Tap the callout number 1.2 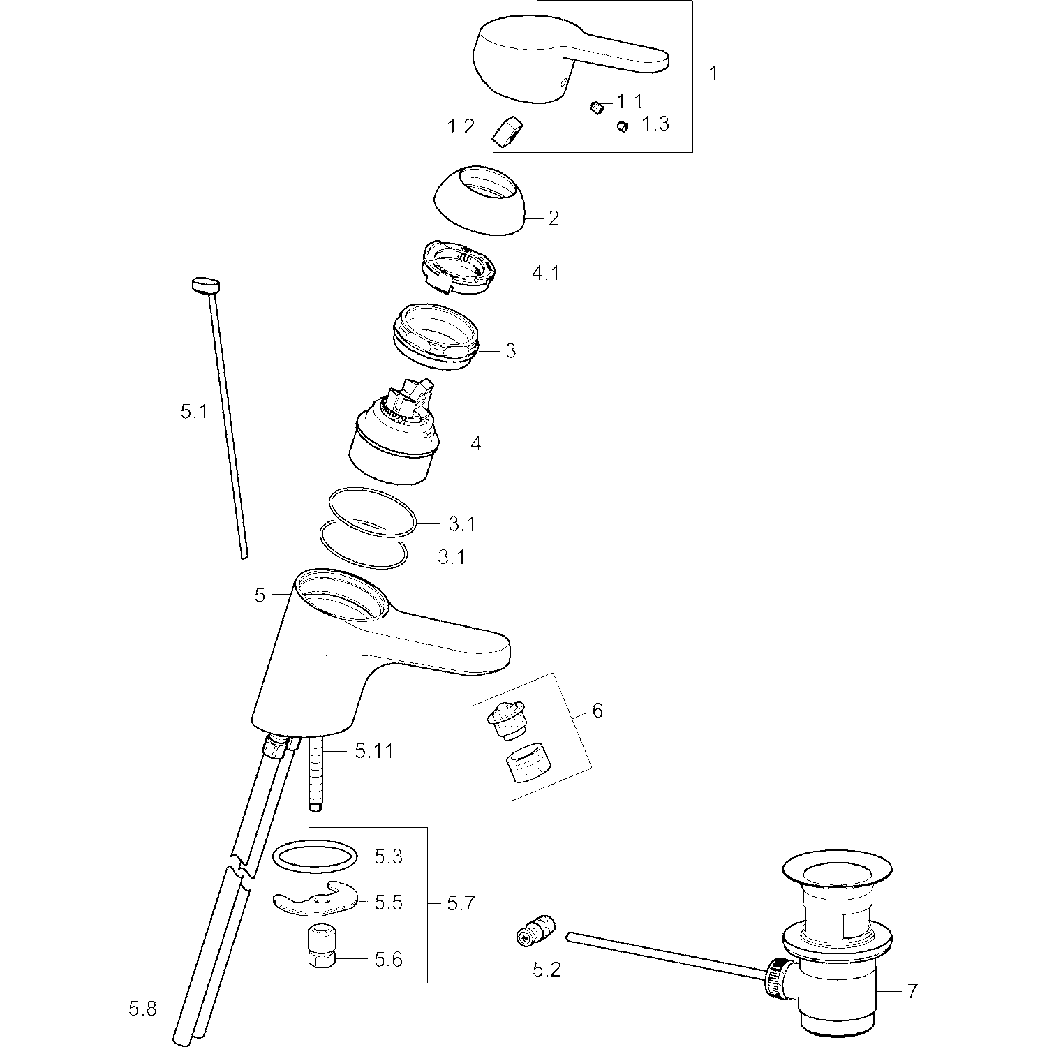(461, 127)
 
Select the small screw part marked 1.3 (623, 126)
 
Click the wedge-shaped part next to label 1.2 (508, 131)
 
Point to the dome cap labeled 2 (480, 200)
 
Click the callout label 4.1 (546, 273)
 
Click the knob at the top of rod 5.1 (205, 286)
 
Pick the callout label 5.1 (194, 412)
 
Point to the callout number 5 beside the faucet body (260, 595)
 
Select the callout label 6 (597, 711)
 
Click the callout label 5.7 (461, 903)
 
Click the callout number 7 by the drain (912, 990)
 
